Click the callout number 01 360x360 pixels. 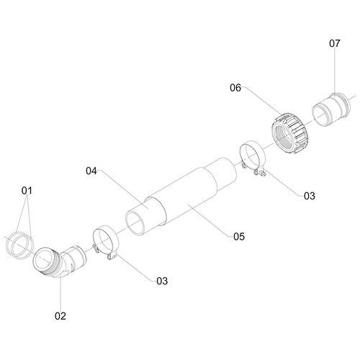(x=27, y=191)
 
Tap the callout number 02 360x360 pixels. (x=60, y=316)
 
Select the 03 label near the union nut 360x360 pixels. (x=310, y=196)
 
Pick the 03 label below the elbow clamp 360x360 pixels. (x=162, y=281)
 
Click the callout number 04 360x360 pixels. (x=91, y=171)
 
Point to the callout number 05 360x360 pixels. (x=239, y=237)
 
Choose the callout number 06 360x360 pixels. (x=235, y=88)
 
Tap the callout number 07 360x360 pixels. (x=335, y=43)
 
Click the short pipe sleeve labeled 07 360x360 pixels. (x=331, y=109)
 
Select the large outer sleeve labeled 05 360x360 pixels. (x=189, y=197)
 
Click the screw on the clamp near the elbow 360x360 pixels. (x=109, y=257)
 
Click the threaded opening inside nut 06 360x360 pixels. (x=285, y=138)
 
